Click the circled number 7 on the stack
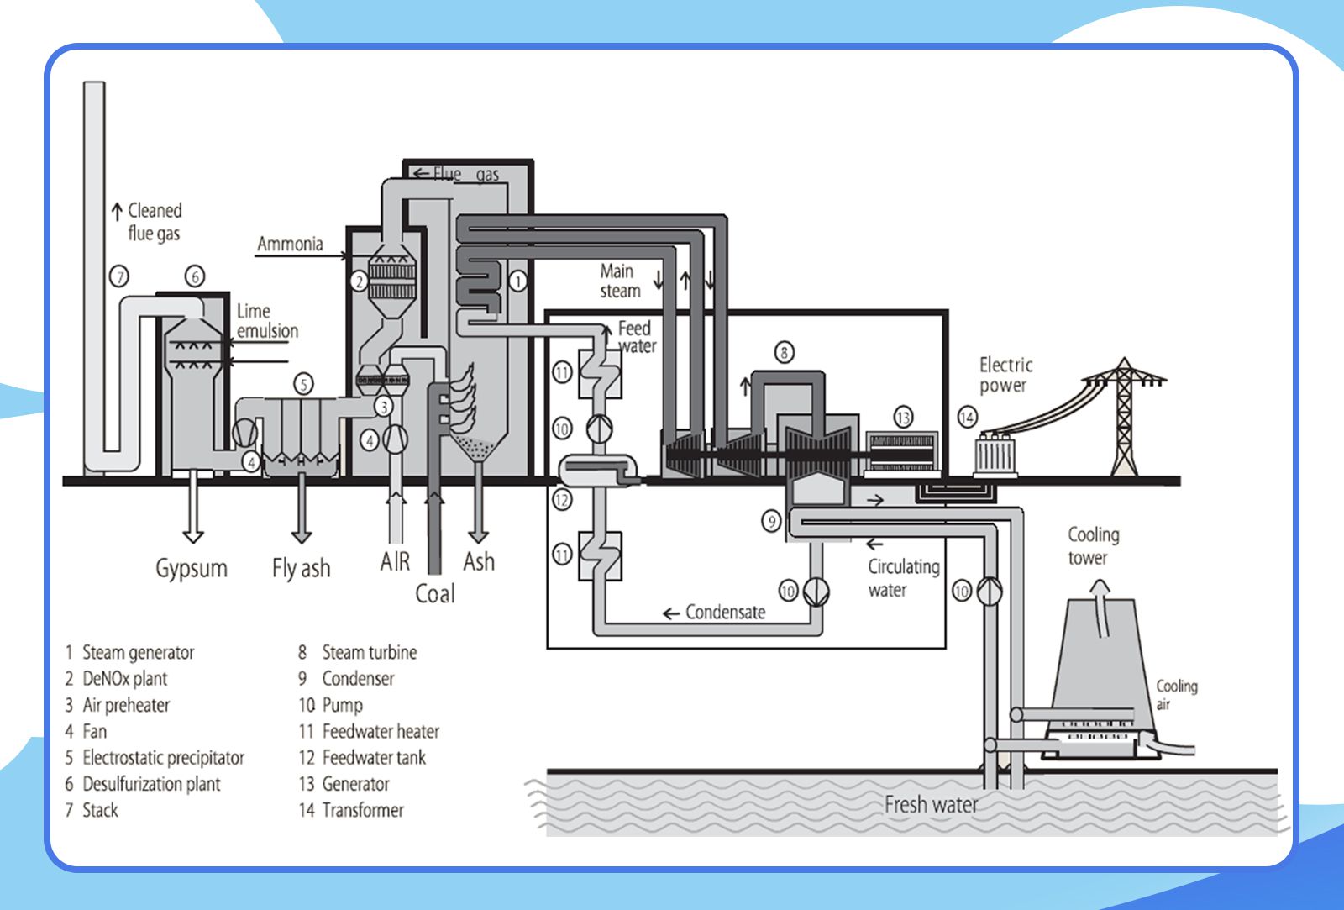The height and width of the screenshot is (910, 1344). click(119, 276)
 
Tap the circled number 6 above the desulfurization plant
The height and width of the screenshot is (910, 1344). click(194, 276)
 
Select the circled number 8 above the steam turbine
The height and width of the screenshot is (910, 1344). click(784, 352)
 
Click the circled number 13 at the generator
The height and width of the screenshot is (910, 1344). click(902, 418)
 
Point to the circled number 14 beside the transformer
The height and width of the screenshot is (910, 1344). click(968, 418)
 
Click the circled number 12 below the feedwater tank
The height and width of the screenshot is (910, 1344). click(562, 501)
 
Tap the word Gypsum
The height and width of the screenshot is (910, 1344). click(192, 569)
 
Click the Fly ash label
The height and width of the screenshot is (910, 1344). click(301, 569)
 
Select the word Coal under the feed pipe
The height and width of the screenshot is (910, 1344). click(434, 594)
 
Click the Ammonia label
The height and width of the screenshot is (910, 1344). click(290, 245)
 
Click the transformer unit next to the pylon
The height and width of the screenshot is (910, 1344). click(996, 455)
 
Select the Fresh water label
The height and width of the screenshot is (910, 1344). click(931, 805)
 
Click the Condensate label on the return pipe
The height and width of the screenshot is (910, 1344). click(724, 613)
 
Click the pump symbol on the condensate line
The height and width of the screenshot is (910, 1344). click(815, 592)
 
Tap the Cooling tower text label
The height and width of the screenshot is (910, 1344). click(1093, 546)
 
